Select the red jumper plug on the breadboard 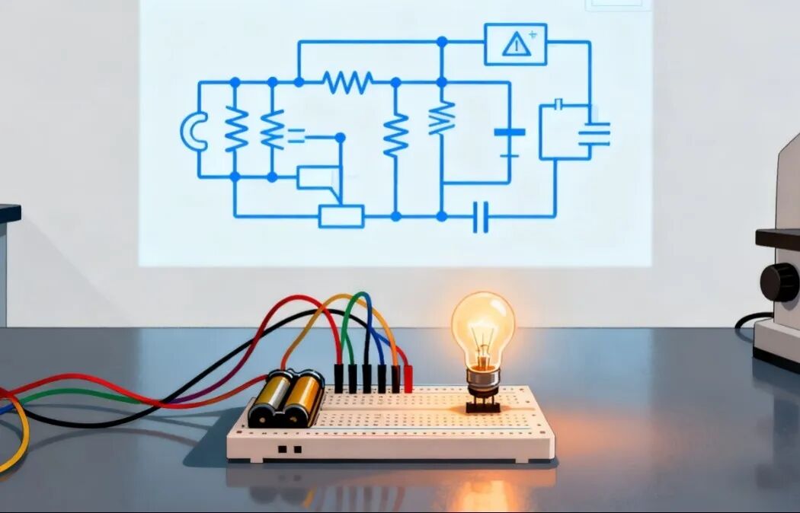point(408,378)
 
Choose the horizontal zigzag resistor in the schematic point(347,81)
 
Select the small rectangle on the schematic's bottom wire point(341,216)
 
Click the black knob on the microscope point(779,282)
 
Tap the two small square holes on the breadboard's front point(287,449)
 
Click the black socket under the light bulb point(483,403)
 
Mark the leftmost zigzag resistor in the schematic point(235,130)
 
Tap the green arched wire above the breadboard point(352,320)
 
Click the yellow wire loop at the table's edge point(18,441)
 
